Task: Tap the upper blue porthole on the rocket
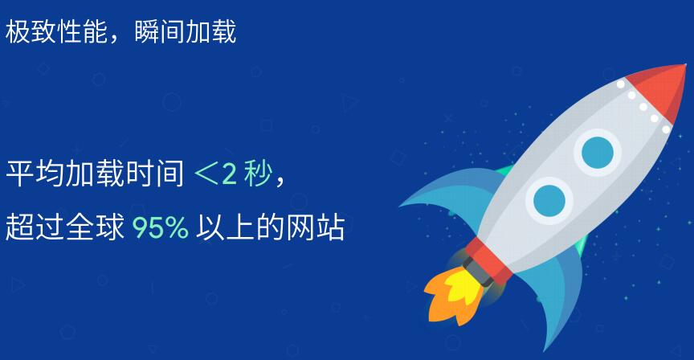pos(597,151)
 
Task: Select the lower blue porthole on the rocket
pos(549,198)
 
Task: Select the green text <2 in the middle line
pos(214,174)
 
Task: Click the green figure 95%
pos(161,228)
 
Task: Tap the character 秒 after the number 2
pos(259,174)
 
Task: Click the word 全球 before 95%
pos(100,228)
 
